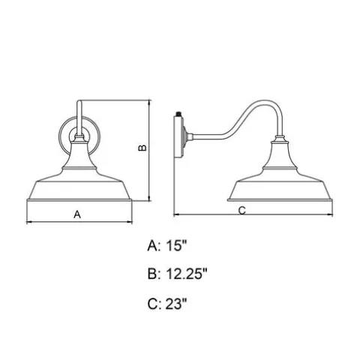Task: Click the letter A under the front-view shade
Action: tap(77, 214)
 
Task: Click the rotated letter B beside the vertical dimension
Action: tap(142, 148)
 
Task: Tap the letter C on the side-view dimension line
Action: tap(241, 211)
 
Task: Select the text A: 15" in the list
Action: tap(167, 245)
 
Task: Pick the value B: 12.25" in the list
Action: tap(177, 274)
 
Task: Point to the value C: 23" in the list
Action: tap(167, 304)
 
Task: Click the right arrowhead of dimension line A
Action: tap(130, 221)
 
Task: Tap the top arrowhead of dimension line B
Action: tap(149, 103)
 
